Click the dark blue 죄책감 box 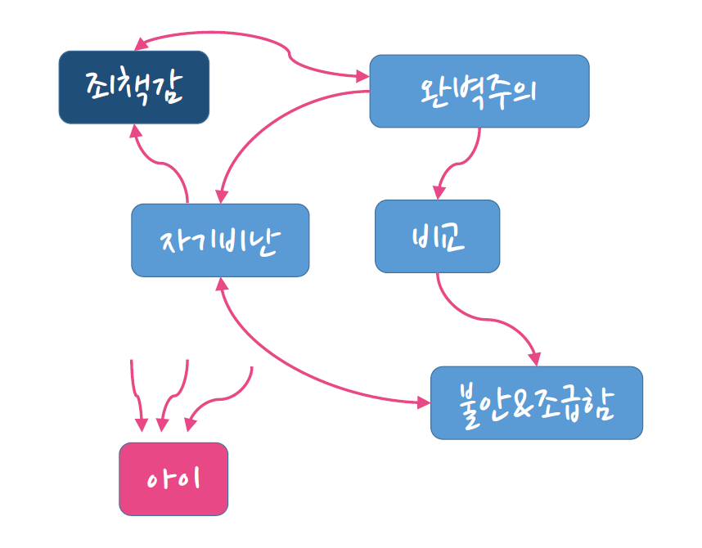pos(134,87)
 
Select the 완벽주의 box pos(479,91)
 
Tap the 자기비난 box pos(220,240)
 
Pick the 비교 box pos(437,236)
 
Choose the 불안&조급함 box pos(536,402)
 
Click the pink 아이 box pos(173,478)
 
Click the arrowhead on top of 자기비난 pos(221,195)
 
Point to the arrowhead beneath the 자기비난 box pos(221,283)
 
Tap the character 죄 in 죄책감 pos(101,86)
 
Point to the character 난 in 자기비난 pos(268,240)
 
